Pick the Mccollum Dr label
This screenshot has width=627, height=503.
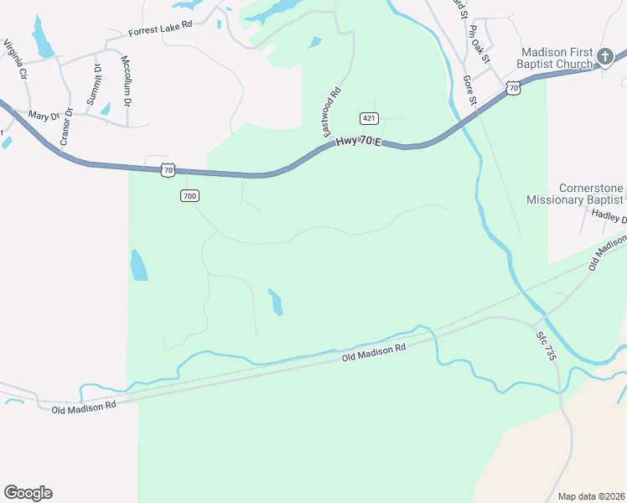(127, 81)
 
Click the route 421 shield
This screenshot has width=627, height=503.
(368, 117)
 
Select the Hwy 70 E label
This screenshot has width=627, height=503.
(358, 143)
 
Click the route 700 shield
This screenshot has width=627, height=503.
(189, 195)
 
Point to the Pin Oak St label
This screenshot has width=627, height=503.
(479, 41)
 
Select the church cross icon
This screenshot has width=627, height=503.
(605, 57)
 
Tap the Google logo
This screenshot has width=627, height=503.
(28, 492)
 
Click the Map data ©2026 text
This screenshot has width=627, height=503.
(590, 495)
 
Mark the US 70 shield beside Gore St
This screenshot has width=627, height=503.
(513, 87)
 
